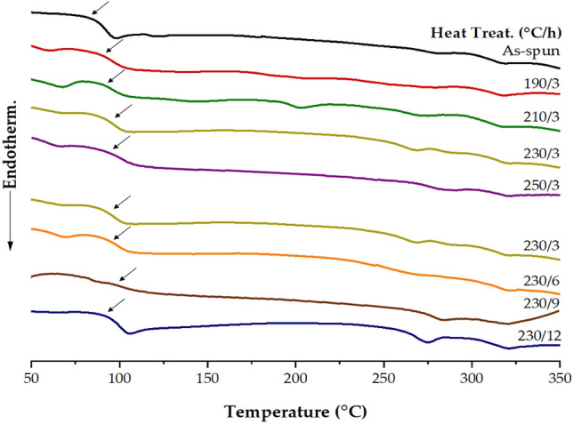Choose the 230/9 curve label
point(544,302)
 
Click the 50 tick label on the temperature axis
point(31,378)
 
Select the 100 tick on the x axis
point(119,378)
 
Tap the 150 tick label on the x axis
point(207,378)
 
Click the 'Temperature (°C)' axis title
point(295,412)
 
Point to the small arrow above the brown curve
point(127,274)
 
